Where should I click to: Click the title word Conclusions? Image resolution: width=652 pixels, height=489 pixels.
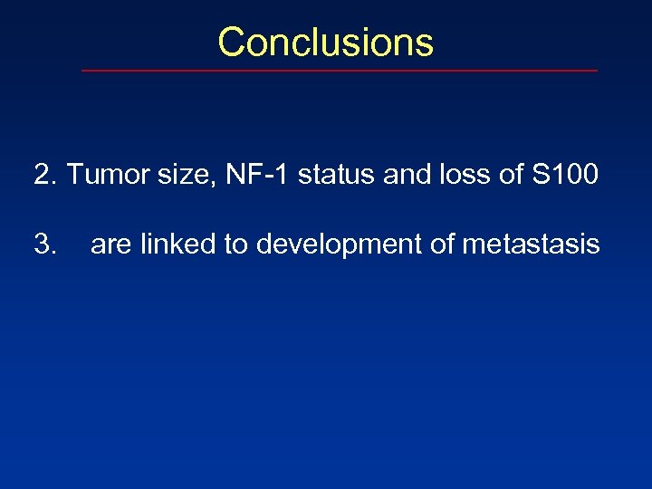325,43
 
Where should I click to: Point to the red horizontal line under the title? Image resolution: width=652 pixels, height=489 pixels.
340,71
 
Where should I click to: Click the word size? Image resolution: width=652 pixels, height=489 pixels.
178,174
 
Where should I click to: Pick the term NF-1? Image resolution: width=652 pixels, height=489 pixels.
254,174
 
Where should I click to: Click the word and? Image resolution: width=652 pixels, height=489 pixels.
407,174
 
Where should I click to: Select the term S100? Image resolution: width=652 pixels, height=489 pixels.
565,174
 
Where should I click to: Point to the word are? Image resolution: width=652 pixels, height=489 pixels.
110,244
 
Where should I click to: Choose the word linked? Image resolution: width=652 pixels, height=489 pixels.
176,244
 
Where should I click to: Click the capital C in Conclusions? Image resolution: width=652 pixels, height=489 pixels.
232,43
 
